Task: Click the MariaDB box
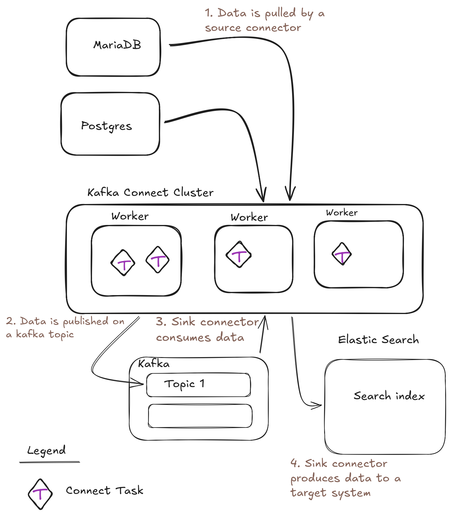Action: click(x=113, y=47)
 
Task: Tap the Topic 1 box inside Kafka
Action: click(x=198, y=385)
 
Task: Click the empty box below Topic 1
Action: click(x=200, y=416)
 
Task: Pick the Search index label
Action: click(x=389, y=396)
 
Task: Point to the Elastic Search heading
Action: click(x=378, y=340)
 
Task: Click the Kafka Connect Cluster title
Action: click(x=150, y=193)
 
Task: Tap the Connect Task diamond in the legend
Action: click(x=40, y=494)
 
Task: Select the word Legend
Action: click(x=46, y=451)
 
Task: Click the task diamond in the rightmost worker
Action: click(x=342, y=254)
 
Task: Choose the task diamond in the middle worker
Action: click(x=239, y=254)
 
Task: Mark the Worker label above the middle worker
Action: click(x=249, y=217)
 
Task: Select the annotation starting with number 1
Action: click(x=264, y=20)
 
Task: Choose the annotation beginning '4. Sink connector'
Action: click(x=345, y=478)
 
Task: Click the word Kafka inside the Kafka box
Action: click(x=153, y=364)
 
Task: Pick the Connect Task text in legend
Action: click(x=104, y=491)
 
